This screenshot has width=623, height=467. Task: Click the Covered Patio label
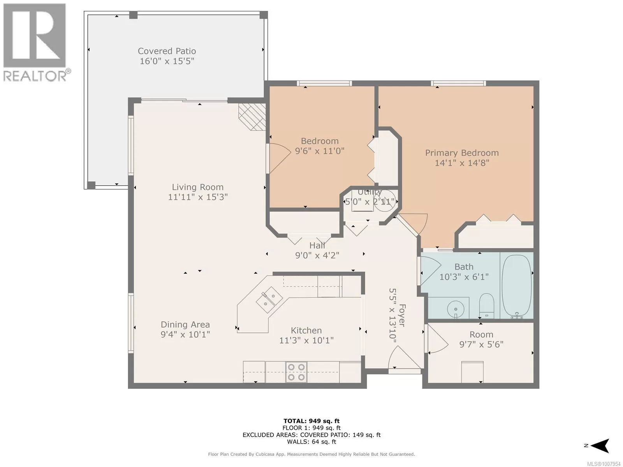tap(167, 51)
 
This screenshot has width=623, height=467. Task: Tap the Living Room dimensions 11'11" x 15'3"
tap(198, 197)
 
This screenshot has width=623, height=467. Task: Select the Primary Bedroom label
tap(462, 153)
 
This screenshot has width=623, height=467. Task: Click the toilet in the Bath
tap(487, 306)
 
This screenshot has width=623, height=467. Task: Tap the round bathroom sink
tap(456, 308)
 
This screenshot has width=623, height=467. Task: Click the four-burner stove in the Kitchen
tap(296, 372)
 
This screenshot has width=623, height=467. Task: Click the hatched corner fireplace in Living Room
tap(252, 116)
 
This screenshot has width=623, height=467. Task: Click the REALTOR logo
tap(35, 42)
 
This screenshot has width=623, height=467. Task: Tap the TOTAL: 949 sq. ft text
tap(311, 421)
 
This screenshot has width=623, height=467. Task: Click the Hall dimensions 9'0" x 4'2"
tap(317, 255)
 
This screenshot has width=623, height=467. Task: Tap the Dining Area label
tap(185, 325)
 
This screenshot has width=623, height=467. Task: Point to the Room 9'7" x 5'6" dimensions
tap(481, 344)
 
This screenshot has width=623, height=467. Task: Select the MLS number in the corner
tap(604, 464)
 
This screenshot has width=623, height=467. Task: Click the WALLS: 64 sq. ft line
tap(311, 441)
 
